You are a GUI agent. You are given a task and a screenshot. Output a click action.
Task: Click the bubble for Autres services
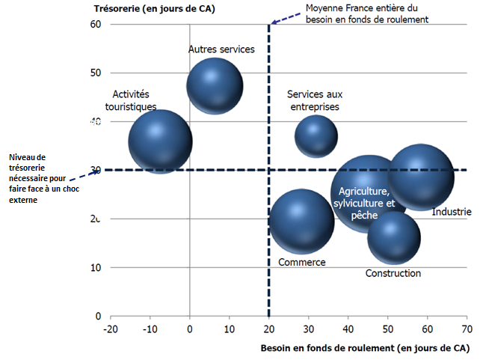tap(215, 85)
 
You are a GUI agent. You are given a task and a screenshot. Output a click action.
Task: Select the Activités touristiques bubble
tap(160, 141)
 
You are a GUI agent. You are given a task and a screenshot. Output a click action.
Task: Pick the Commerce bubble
tap(301, 221)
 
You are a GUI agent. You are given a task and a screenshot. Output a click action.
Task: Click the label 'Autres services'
tap(221, 49)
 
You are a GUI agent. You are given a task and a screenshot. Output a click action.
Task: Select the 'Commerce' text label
tap(302, 262)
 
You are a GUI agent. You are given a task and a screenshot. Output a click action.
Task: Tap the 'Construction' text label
tap(393, 273)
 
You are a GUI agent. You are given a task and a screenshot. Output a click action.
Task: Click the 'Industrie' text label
tap(452, 213)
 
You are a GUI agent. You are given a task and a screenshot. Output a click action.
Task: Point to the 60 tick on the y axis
tap(96, 25)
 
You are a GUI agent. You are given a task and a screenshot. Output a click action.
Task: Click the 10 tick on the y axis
tap(96, 268)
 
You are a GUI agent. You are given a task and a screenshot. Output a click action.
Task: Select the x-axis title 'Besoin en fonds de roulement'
tap(364, 349)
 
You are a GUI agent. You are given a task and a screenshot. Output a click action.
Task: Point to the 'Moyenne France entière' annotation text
tap(366, 14)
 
